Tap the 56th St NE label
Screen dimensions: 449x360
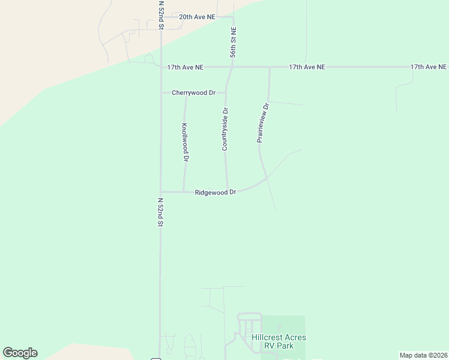[x=233, y=43]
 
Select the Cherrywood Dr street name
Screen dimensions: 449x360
[x=193, y=93]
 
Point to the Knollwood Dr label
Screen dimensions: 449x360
[x=185, y=143]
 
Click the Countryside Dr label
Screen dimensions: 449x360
[x=226, y=128]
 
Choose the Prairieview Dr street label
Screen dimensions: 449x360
[x=263, y=122]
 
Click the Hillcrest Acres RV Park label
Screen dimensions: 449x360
[x=279, y=341]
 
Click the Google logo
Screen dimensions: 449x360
[x=20, y=353]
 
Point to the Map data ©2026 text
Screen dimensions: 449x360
[x=423, y=355]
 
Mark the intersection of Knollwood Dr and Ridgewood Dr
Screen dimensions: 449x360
[x=184, y=192]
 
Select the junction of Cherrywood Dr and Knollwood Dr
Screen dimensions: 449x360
[x=185, y=94]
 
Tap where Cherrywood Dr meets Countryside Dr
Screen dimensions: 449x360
[x=226, y=93]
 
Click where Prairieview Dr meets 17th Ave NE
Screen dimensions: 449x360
[x=270, y=68]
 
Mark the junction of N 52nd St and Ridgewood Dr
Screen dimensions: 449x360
[x=161, y=192]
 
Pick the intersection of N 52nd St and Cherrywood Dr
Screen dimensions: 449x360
[x=161, y=93]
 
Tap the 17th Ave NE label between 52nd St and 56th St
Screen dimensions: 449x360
[x=185, y=68]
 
